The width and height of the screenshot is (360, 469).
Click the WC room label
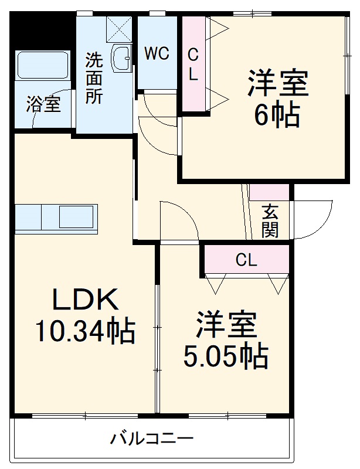pos(157,53)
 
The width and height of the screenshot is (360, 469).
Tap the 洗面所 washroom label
pos(94,78)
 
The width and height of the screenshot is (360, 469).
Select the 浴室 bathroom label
pos(43,106)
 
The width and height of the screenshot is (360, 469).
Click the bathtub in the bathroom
pos(43,65)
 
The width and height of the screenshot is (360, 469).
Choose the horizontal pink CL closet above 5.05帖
pos(247,260)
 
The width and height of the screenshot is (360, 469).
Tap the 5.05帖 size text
pos(226,355)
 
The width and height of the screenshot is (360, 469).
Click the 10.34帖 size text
pos(85,332)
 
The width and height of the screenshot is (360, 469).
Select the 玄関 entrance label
pos(270,220)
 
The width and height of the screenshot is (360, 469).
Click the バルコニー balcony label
pos(152,438)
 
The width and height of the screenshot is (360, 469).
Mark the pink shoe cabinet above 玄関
pos(269,192)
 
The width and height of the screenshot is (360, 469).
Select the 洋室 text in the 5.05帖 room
pos(226,325)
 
